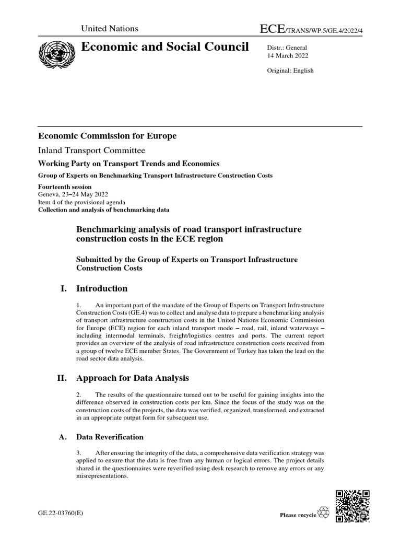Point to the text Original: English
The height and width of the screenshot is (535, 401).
pos(290,71)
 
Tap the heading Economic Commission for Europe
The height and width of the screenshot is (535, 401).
pos(107,136)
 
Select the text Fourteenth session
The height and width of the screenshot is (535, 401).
pos(65,187)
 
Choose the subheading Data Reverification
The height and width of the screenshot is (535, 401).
pos(110,437)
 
